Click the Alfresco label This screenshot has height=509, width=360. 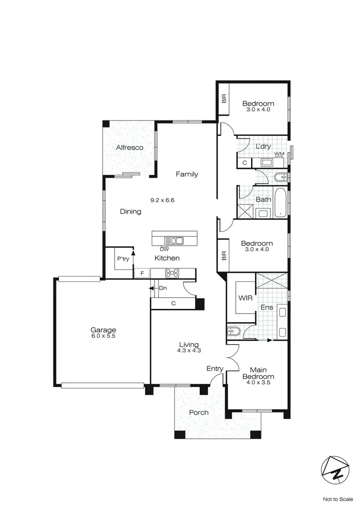coord(130,148)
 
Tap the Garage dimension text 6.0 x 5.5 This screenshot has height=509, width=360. coord(104,336)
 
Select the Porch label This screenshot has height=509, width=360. coord(199,412)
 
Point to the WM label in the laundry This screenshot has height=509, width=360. coord(279,154)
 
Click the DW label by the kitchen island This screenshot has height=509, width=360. coord(164,249)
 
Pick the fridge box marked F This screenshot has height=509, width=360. coord(142,273)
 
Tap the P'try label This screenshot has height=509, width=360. coord(123,259)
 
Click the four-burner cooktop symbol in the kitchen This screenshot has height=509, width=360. coord(172,273)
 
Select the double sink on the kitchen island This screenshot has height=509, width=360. coord(173,241)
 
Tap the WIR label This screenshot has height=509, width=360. coord(245,298)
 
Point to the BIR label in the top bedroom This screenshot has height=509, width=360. coord(224,98)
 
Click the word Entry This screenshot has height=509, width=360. coord(215,369)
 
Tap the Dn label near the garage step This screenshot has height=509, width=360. coord(162,288)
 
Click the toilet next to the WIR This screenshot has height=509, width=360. coord(234,331)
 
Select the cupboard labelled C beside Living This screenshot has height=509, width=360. coord(173,303)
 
